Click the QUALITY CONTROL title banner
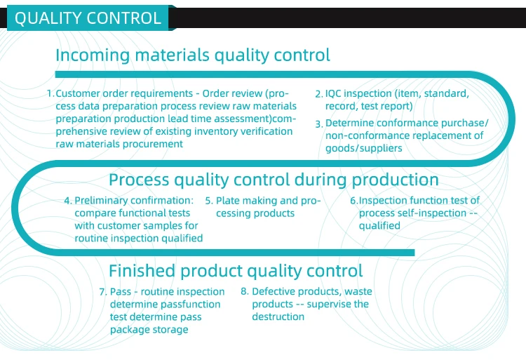point(88,19)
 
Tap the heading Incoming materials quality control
point(192,55)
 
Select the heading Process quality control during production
point(274,180)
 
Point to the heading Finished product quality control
point(236,271)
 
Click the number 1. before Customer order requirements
point(50,93)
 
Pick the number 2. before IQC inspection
point(318,93)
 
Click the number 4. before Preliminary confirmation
point(68,201)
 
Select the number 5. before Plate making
point(209,201)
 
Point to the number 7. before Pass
point(103,292)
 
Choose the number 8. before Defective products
point(245,292)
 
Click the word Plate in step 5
point(229,201)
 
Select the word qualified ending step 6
point(379,226)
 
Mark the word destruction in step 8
point(278,317)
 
